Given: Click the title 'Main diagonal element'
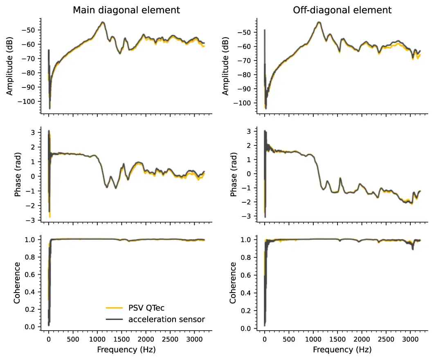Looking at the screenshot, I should click(126, 10).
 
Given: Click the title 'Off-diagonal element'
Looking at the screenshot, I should click(342, 10).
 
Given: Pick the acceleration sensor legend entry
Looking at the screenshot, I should click(166, 319).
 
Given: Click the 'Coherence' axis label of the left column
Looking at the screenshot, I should click(17, 283).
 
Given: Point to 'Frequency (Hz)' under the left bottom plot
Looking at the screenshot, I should click(126, 350).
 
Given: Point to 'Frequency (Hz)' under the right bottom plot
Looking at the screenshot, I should click(342, 350).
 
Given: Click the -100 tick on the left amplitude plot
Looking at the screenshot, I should click(29, 101).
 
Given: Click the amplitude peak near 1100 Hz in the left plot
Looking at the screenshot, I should click(102, 22).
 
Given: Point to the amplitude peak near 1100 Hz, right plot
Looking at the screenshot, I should click(319, 22).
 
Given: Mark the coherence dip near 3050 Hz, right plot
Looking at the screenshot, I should click(412, 248).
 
